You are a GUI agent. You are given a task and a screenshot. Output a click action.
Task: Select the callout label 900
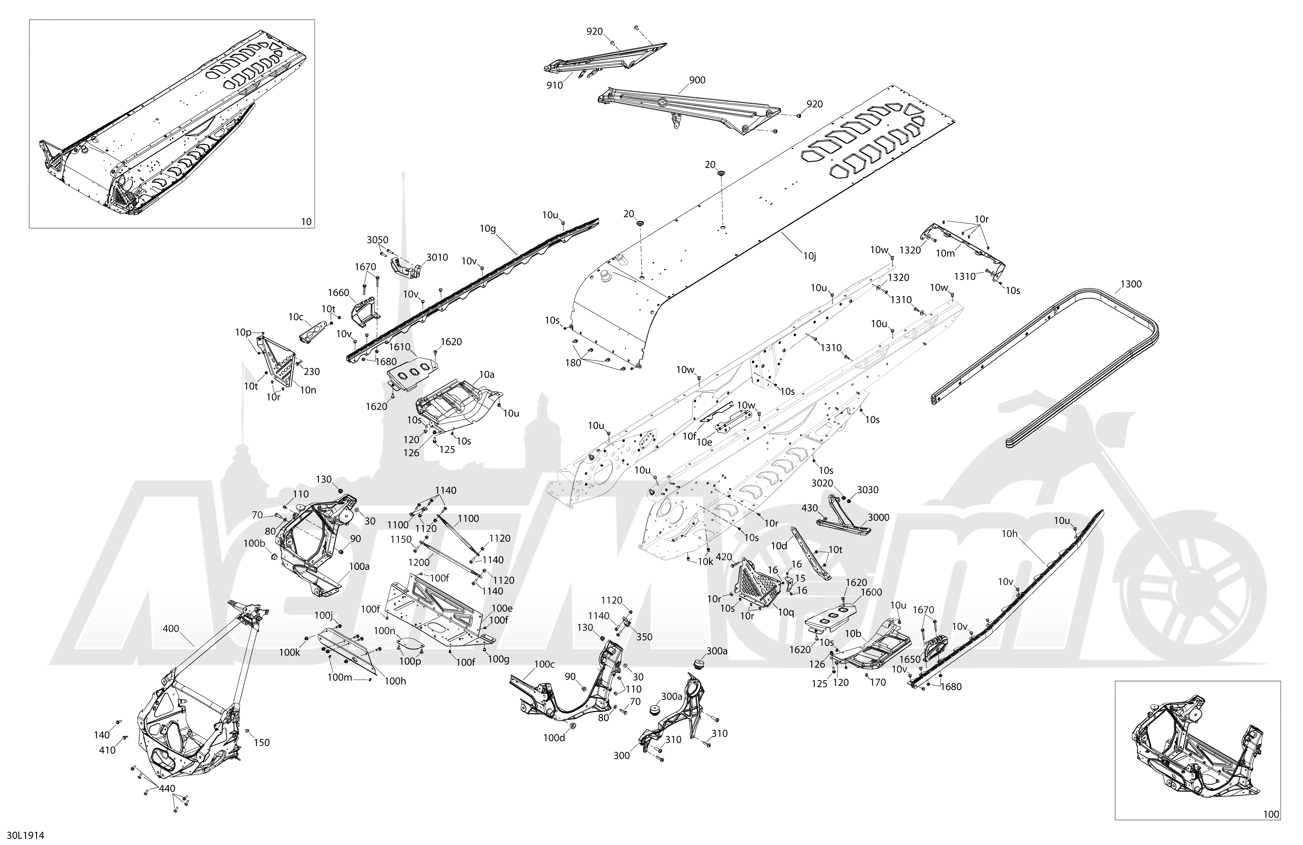pyautogui.click(x=697, y=80)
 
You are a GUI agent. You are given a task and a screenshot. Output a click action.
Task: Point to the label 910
pyautogui.click(x=555, y=85)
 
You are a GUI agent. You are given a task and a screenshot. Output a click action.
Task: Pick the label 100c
pyautogui.click(x=544, y=664)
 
